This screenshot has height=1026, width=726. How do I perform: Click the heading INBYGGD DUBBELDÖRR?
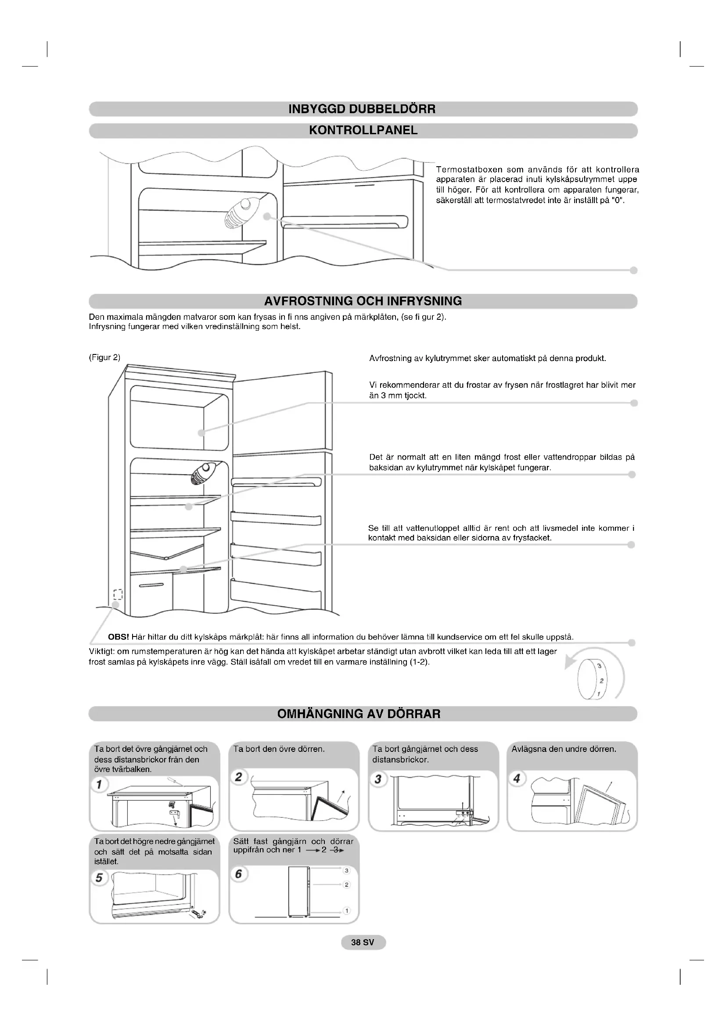tap(362, 109)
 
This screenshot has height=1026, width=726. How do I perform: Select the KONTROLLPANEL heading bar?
tap(363, 130)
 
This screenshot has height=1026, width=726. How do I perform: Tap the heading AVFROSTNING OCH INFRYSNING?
tap(363, 301)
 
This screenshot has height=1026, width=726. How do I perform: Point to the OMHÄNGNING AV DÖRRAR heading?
tap(359, 714)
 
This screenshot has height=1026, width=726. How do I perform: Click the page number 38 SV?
tap(363, 942)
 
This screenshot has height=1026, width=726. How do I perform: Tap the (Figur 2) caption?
tap(104, 357)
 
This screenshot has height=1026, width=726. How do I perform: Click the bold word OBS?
tap(119, 637)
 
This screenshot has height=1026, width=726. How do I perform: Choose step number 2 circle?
tap(239, 777)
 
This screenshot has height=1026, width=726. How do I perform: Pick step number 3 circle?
tap(378, 779)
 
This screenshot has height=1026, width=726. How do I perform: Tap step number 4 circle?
tap(517, 779)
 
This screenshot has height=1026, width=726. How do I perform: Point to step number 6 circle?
tap(239, 874)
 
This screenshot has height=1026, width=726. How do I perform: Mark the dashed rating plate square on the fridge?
tap(118, 594)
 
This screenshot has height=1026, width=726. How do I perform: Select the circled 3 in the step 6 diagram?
tap(346, 870)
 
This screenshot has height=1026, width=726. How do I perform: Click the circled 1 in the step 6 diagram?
tap(346, 911)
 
